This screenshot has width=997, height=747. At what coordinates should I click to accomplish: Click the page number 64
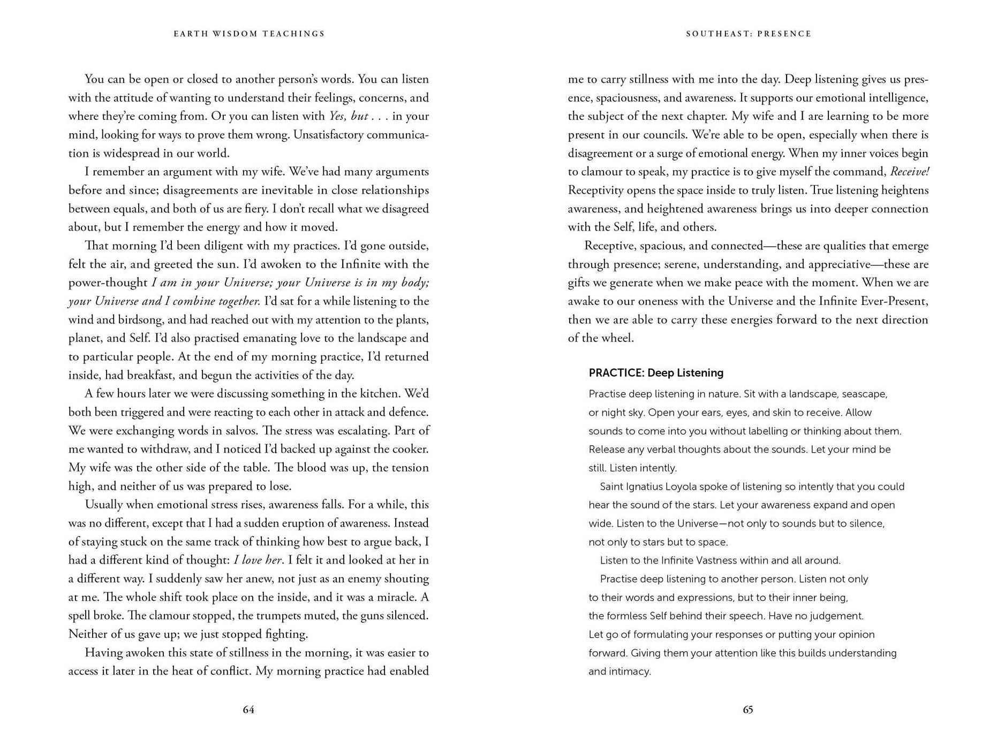(248, 710)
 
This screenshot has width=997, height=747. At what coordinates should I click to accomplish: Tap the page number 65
(748, 710)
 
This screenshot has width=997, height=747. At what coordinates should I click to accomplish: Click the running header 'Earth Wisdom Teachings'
(249, 34)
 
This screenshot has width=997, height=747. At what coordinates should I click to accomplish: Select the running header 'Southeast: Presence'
(749, 34)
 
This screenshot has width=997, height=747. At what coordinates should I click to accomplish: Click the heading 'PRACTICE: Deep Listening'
(656, 373)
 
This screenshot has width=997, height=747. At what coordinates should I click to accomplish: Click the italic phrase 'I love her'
(258, 560)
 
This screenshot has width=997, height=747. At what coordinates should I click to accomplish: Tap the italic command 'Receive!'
(909, 172)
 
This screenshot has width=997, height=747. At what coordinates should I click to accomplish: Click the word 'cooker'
(410, 449)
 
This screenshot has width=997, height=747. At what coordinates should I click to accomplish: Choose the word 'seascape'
(864, 394)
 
